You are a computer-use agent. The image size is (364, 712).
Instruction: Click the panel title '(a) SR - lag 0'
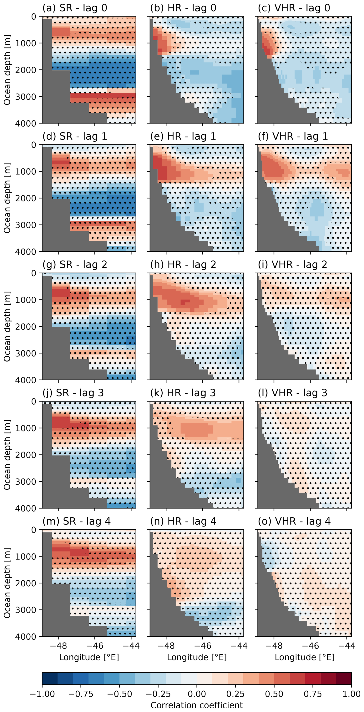(x=75, y=8)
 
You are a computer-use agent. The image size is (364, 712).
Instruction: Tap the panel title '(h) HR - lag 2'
(x=183, y=265)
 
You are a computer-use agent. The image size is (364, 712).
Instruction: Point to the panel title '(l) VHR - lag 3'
(x=292, y=393)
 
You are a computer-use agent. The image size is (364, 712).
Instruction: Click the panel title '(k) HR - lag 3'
(x=183, y=393)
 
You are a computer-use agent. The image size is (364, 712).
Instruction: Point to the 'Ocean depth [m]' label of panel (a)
(x=7, y=70)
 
